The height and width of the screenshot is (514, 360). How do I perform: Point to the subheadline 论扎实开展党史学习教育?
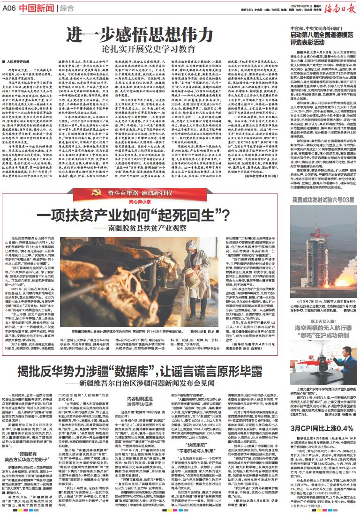click(150, 49)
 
